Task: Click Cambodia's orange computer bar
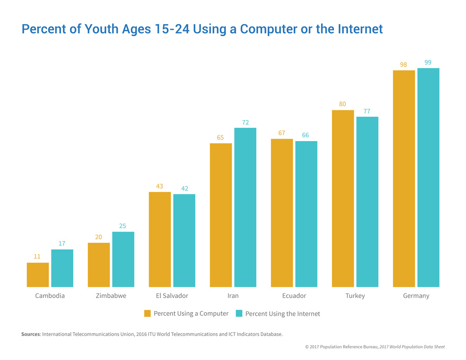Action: click(38, 275)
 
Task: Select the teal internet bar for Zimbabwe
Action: click(123, 259)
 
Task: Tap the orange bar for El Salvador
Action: click(160, 239)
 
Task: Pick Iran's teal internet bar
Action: click(245, 207)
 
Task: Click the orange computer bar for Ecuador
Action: click(282, 213)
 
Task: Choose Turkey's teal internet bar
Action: click(367, 202)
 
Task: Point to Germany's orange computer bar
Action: click(404, 178)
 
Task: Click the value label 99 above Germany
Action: click(428, 62)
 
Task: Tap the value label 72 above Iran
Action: click(246, 122)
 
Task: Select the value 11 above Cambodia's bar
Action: click(37, 256)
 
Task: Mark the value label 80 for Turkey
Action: click(343, 104)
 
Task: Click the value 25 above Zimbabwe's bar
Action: click(123, 226)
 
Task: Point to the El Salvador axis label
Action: click(172, 296)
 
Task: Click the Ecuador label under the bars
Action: click(294, 296)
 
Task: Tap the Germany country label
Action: click(416, 296)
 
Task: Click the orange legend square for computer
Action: click(147, 313)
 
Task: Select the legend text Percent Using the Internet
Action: click(282, 313)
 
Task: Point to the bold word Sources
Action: click(31, 334)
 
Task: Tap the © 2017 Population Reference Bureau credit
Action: click(342, 347)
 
